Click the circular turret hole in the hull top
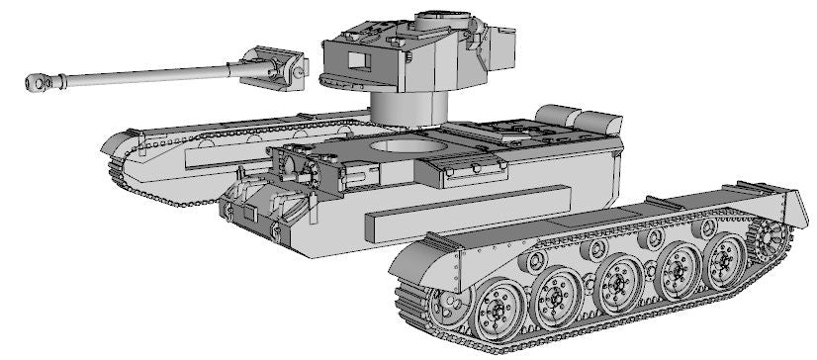[x=402, y=147]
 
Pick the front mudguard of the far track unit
[x=124, y=148]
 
